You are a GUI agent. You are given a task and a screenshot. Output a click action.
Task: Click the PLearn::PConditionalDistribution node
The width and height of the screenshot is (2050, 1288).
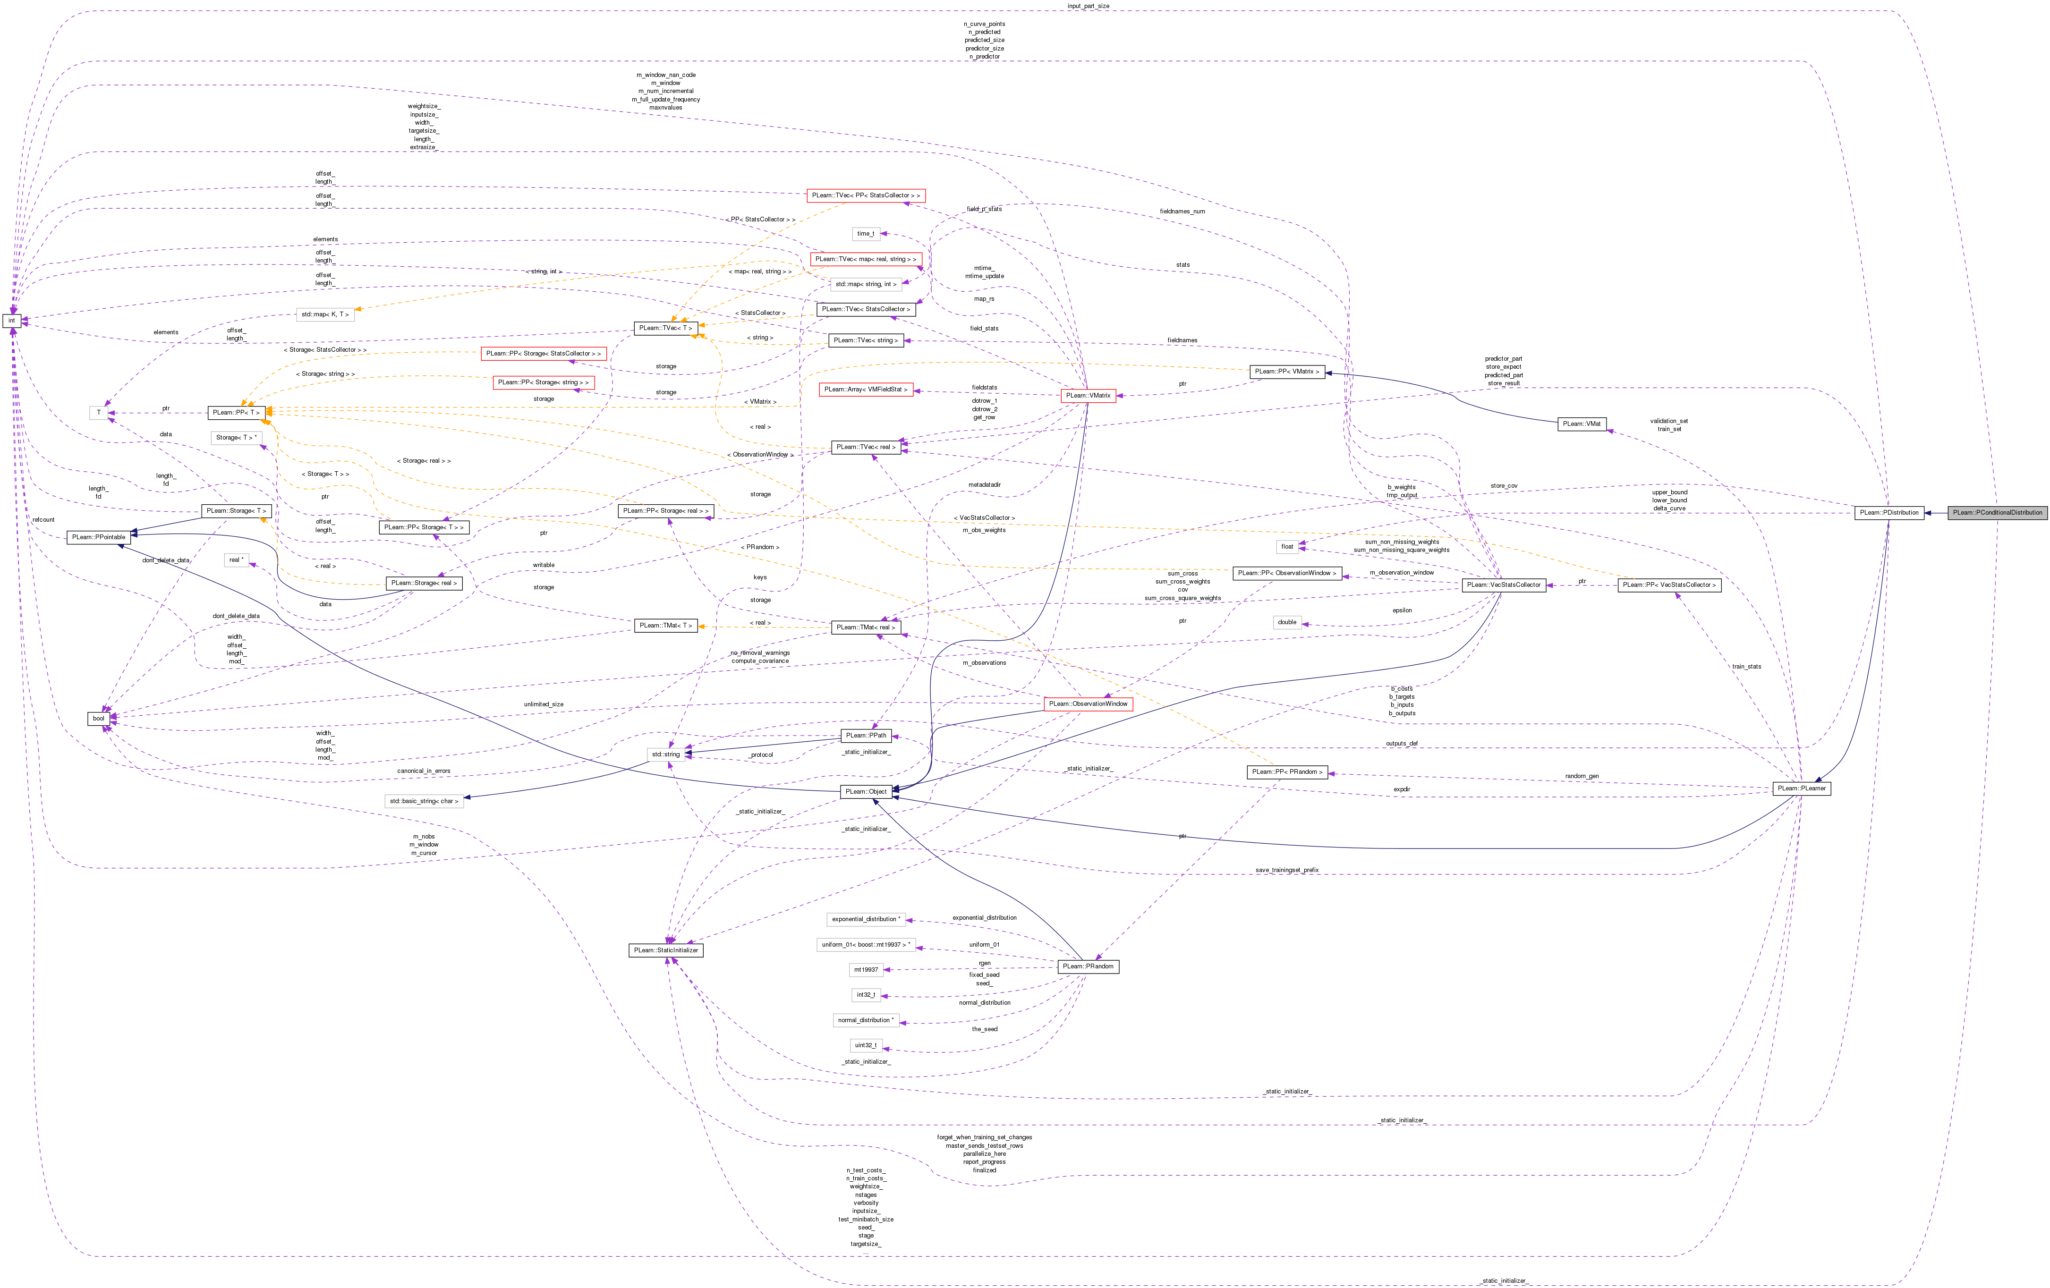tap(1997, 512)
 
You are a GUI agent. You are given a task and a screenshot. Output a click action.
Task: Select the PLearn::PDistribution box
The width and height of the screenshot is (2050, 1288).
tap(1888, 512)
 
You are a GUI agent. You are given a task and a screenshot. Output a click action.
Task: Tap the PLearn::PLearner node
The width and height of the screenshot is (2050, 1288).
tap(1801, 788)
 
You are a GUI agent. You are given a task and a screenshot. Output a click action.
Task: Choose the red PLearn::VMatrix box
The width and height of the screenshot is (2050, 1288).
tap(1088, 395)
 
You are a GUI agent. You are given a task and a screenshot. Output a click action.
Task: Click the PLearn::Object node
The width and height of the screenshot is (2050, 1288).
tap(866, 792)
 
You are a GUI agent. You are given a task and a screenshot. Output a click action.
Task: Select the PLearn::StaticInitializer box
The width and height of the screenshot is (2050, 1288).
tap(666, 950)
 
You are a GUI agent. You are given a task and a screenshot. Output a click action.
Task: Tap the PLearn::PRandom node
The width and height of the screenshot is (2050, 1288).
tap(1087, 966)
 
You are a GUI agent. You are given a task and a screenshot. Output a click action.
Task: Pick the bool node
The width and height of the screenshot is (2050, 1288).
tap(99, 719)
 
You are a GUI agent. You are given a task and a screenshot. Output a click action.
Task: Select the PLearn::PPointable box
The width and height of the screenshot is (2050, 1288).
tap(98, 537)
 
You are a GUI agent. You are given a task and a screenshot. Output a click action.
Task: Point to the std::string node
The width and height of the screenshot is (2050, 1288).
tap(666, 754)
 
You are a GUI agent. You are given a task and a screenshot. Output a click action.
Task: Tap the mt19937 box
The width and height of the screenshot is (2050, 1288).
tap(866, 970)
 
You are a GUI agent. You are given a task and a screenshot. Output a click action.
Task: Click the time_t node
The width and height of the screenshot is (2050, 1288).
tap(865, 233)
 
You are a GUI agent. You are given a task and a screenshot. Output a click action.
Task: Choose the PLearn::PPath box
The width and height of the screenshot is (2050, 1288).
tap(866, 736)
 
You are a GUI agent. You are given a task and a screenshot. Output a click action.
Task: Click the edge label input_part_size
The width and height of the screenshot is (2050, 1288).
tap(1088, 6)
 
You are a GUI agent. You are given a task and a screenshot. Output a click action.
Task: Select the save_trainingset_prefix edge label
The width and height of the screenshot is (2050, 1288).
tap(1286, 870)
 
